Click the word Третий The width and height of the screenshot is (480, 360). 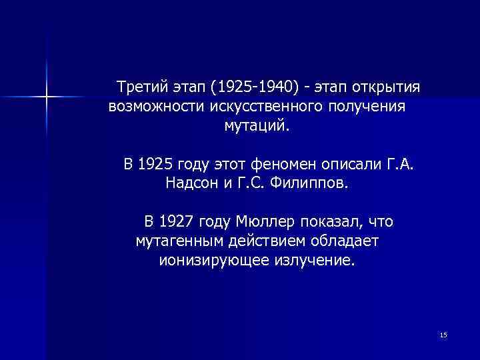(140, 88)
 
